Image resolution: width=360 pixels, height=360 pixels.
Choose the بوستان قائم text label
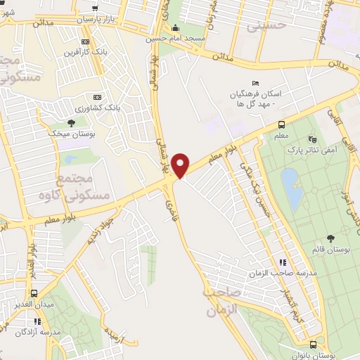pyautogui.click(x=332, y=250)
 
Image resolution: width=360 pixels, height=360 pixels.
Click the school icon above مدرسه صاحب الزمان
pyautogui.click(x=283, y=262)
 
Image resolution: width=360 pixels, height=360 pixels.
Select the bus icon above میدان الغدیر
pyautogui.click(x=32, y=294)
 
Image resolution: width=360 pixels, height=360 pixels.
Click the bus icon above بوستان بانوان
pyautogui.click(x=312, y=345)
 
